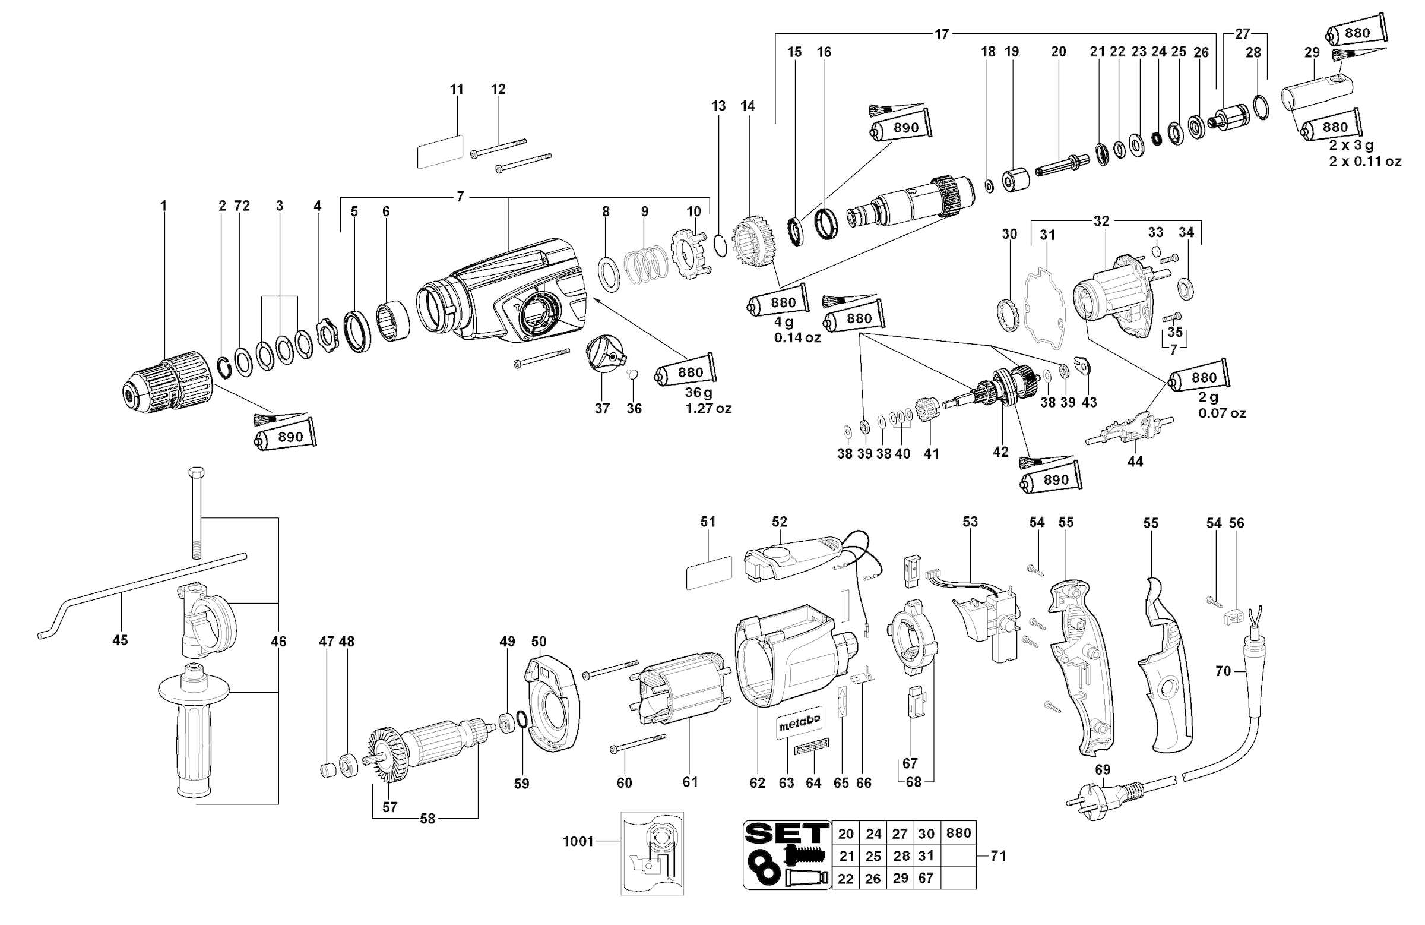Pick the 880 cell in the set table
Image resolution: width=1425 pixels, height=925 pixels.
[x=958, y=833]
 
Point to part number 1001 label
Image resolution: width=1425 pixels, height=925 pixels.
[x=578, y=841]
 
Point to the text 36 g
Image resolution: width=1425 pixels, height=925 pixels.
[x=699, y=393]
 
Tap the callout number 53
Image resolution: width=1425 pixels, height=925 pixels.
[x=970, y=522]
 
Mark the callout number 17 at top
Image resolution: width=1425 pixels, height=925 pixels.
[x=942, y=34]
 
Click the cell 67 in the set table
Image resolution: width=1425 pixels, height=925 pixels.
[x=926, y=878]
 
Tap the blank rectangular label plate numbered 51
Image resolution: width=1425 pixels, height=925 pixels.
[x=709, y=573]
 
